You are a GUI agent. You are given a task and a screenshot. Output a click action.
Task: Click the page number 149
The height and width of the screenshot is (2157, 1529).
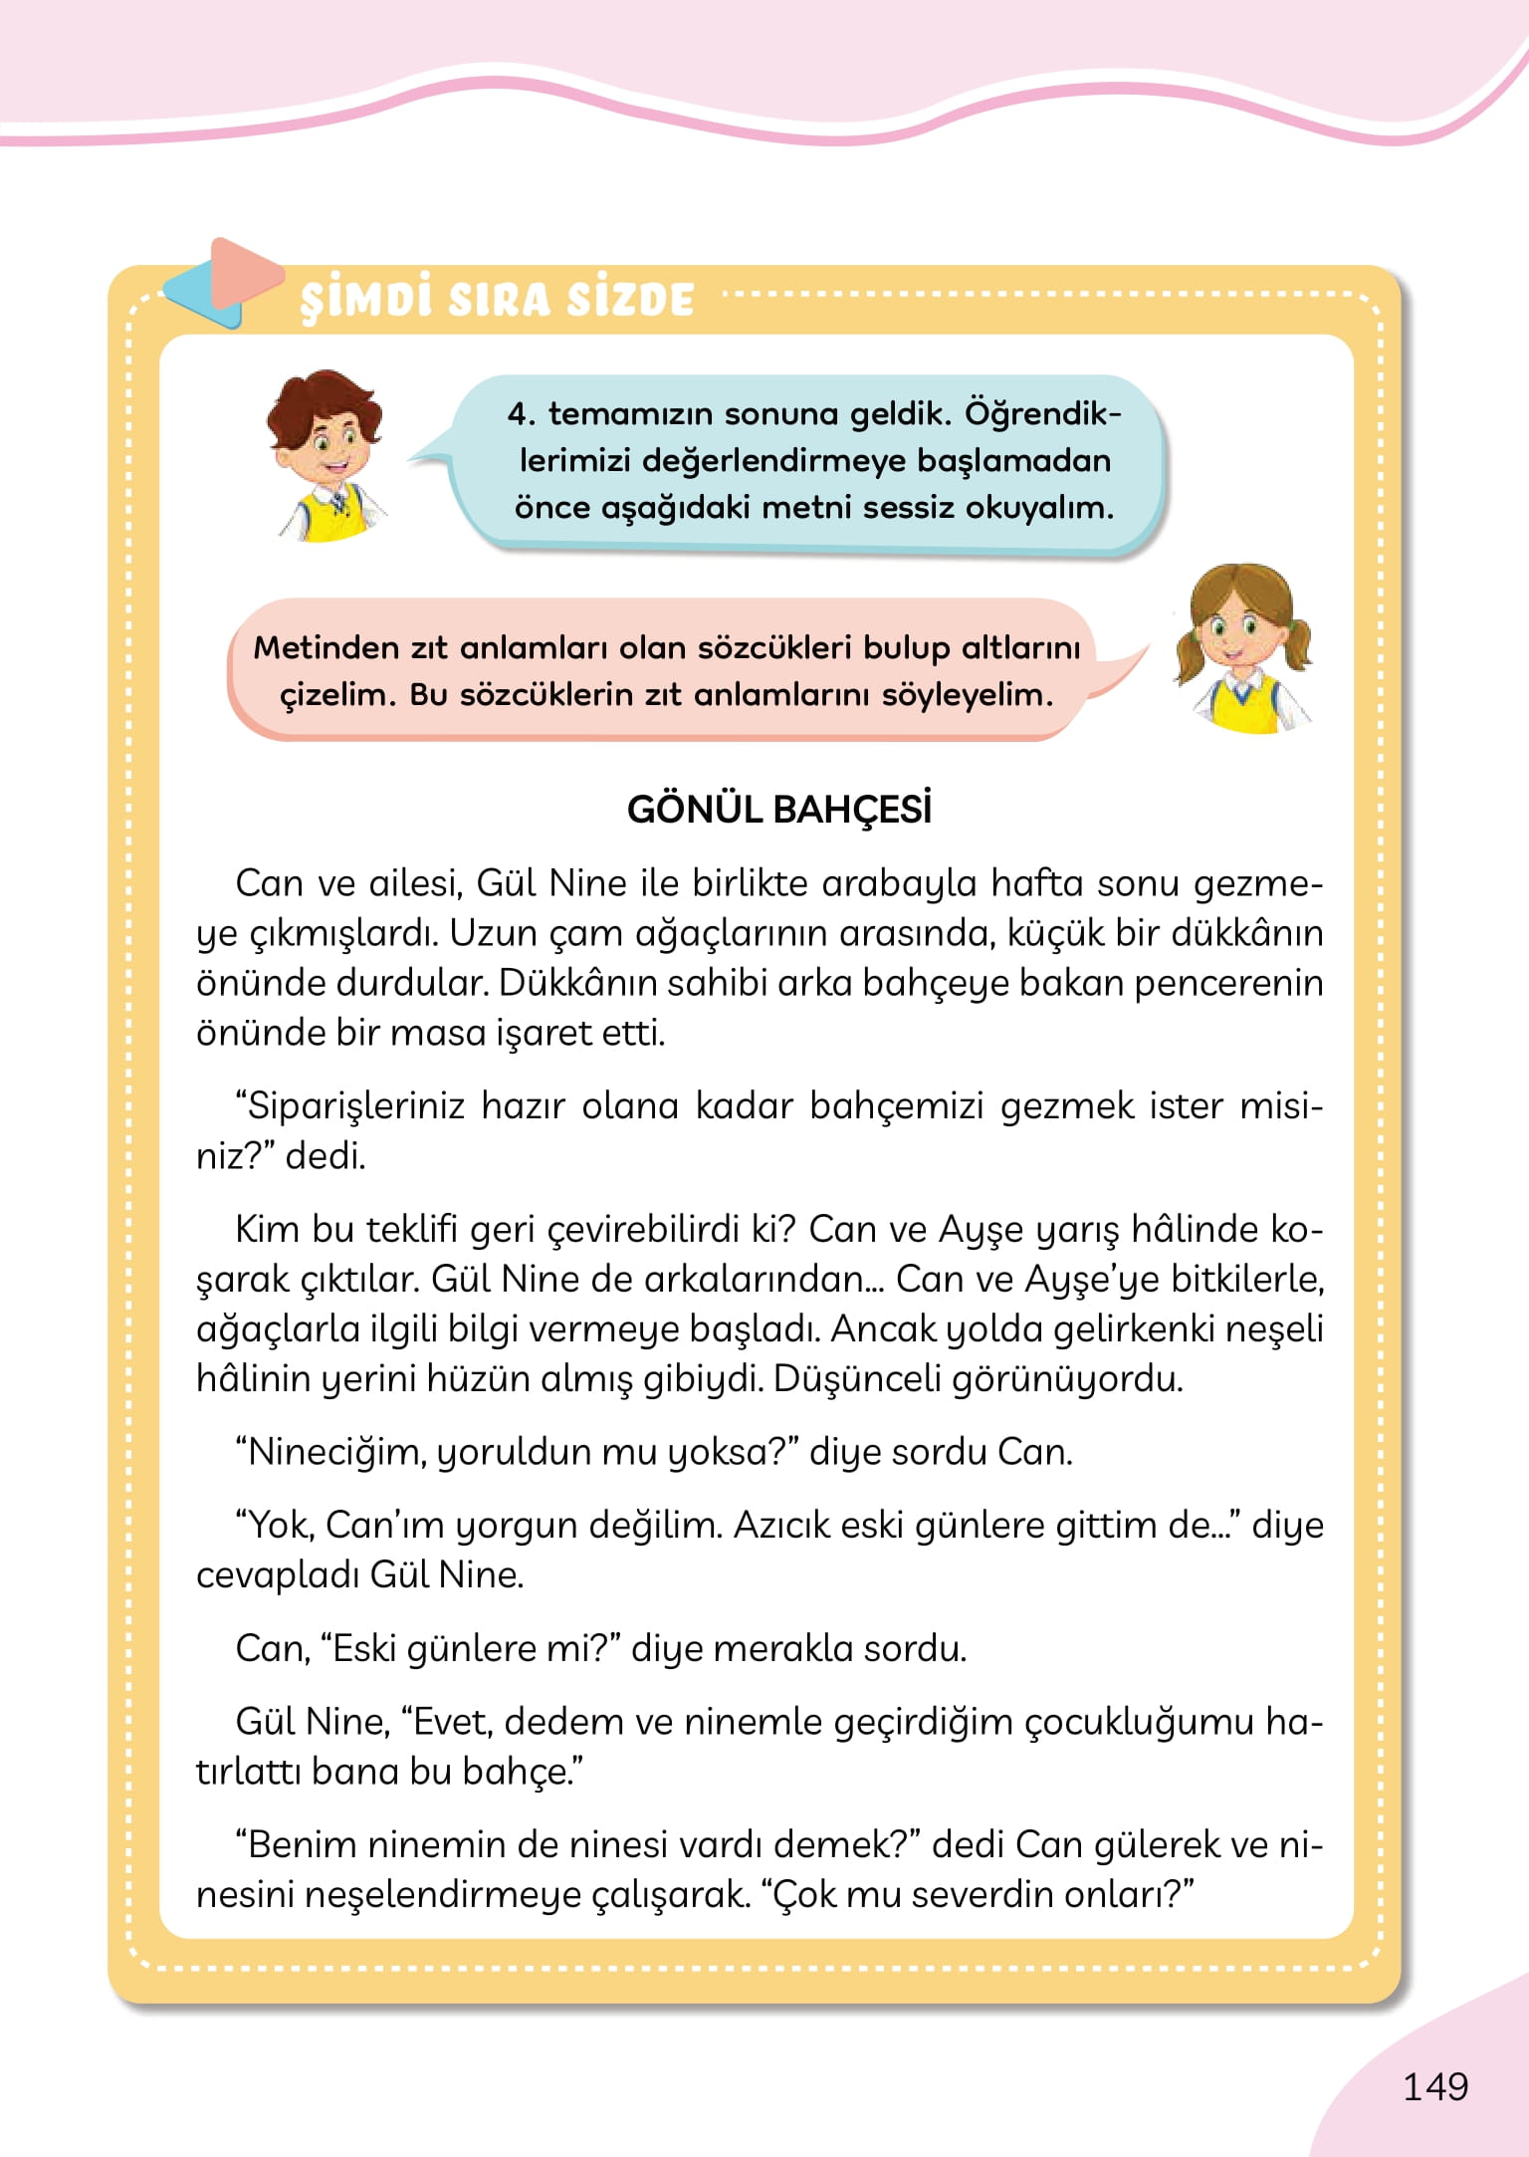pyautogui.click(x=1434, y=2085)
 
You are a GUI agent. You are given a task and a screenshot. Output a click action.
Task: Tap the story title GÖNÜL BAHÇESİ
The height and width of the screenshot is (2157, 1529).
pyautogui.click(x=779, y=810)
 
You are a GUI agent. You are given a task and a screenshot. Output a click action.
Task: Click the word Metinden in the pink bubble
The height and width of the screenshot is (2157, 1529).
pyautogui.click(x=326, y=647)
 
